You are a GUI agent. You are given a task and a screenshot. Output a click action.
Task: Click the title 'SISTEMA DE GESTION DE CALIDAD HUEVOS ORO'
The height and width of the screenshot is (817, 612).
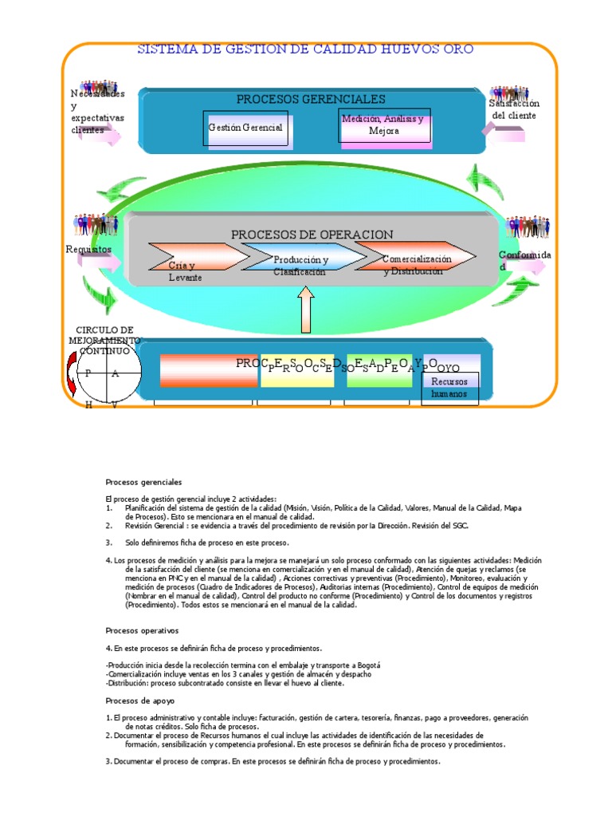[306, 49]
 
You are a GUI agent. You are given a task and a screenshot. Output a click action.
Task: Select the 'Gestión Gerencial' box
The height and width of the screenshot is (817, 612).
[245, 128]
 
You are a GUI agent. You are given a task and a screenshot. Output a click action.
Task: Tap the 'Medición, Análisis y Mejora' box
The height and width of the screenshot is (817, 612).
[384, 126]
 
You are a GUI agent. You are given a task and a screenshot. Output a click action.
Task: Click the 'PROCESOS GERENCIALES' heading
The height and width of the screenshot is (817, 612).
[311, 99]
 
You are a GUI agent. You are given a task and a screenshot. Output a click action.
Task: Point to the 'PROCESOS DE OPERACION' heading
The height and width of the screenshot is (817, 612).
[312, 235]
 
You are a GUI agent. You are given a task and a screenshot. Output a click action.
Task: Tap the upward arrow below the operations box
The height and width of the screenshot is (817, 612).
[308, 310]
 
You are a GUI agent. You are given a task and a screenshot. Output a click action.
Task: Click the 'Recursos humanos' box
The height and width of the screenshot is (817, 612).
[449, 389]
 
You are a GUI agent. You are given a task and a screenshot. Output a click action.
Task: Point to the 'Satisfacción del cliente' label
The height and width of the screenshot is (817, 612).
[515, 109]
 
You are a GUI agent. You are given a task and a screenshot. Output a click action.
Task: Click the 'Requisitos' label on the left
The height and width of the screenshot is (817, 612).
[88, 250]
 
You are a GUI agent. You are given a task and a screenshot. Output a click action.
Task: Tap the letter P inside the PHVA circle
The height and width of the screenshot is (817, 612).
[88, 373]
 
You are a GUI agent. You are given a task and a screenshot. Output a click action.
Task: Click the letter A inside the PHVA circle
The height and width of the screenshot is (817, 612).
[115, 373]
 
